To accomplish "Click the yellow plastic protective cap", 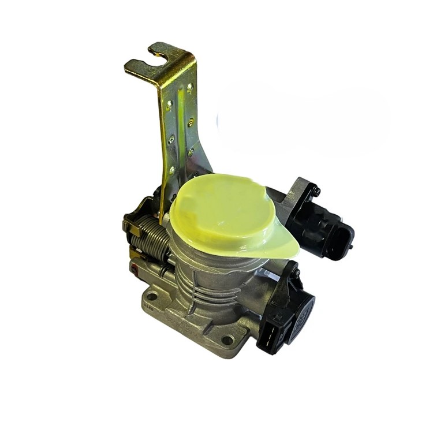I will (222, 214).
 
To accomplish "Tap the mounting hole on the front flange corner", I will (227, 340).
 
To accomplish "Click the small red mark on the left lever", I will (134, 267).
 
